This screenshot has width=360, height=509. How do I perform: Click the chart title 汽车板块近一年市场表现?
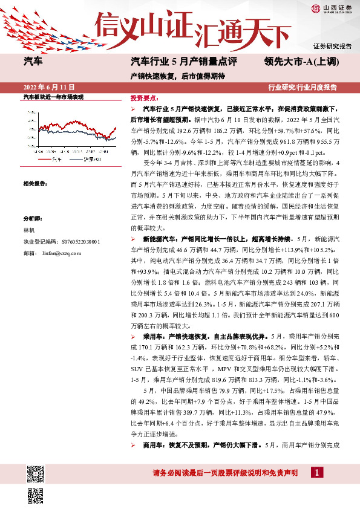(x=53, y=97)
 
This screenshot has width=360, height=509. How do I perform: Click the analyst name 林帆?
(x=28, y=230)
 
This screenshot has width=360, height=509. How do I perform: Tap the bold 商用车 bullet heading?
(x=151, y=445)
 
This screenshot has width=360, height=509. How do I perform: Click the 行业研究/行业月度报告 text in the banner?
(x=303, y=88)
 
